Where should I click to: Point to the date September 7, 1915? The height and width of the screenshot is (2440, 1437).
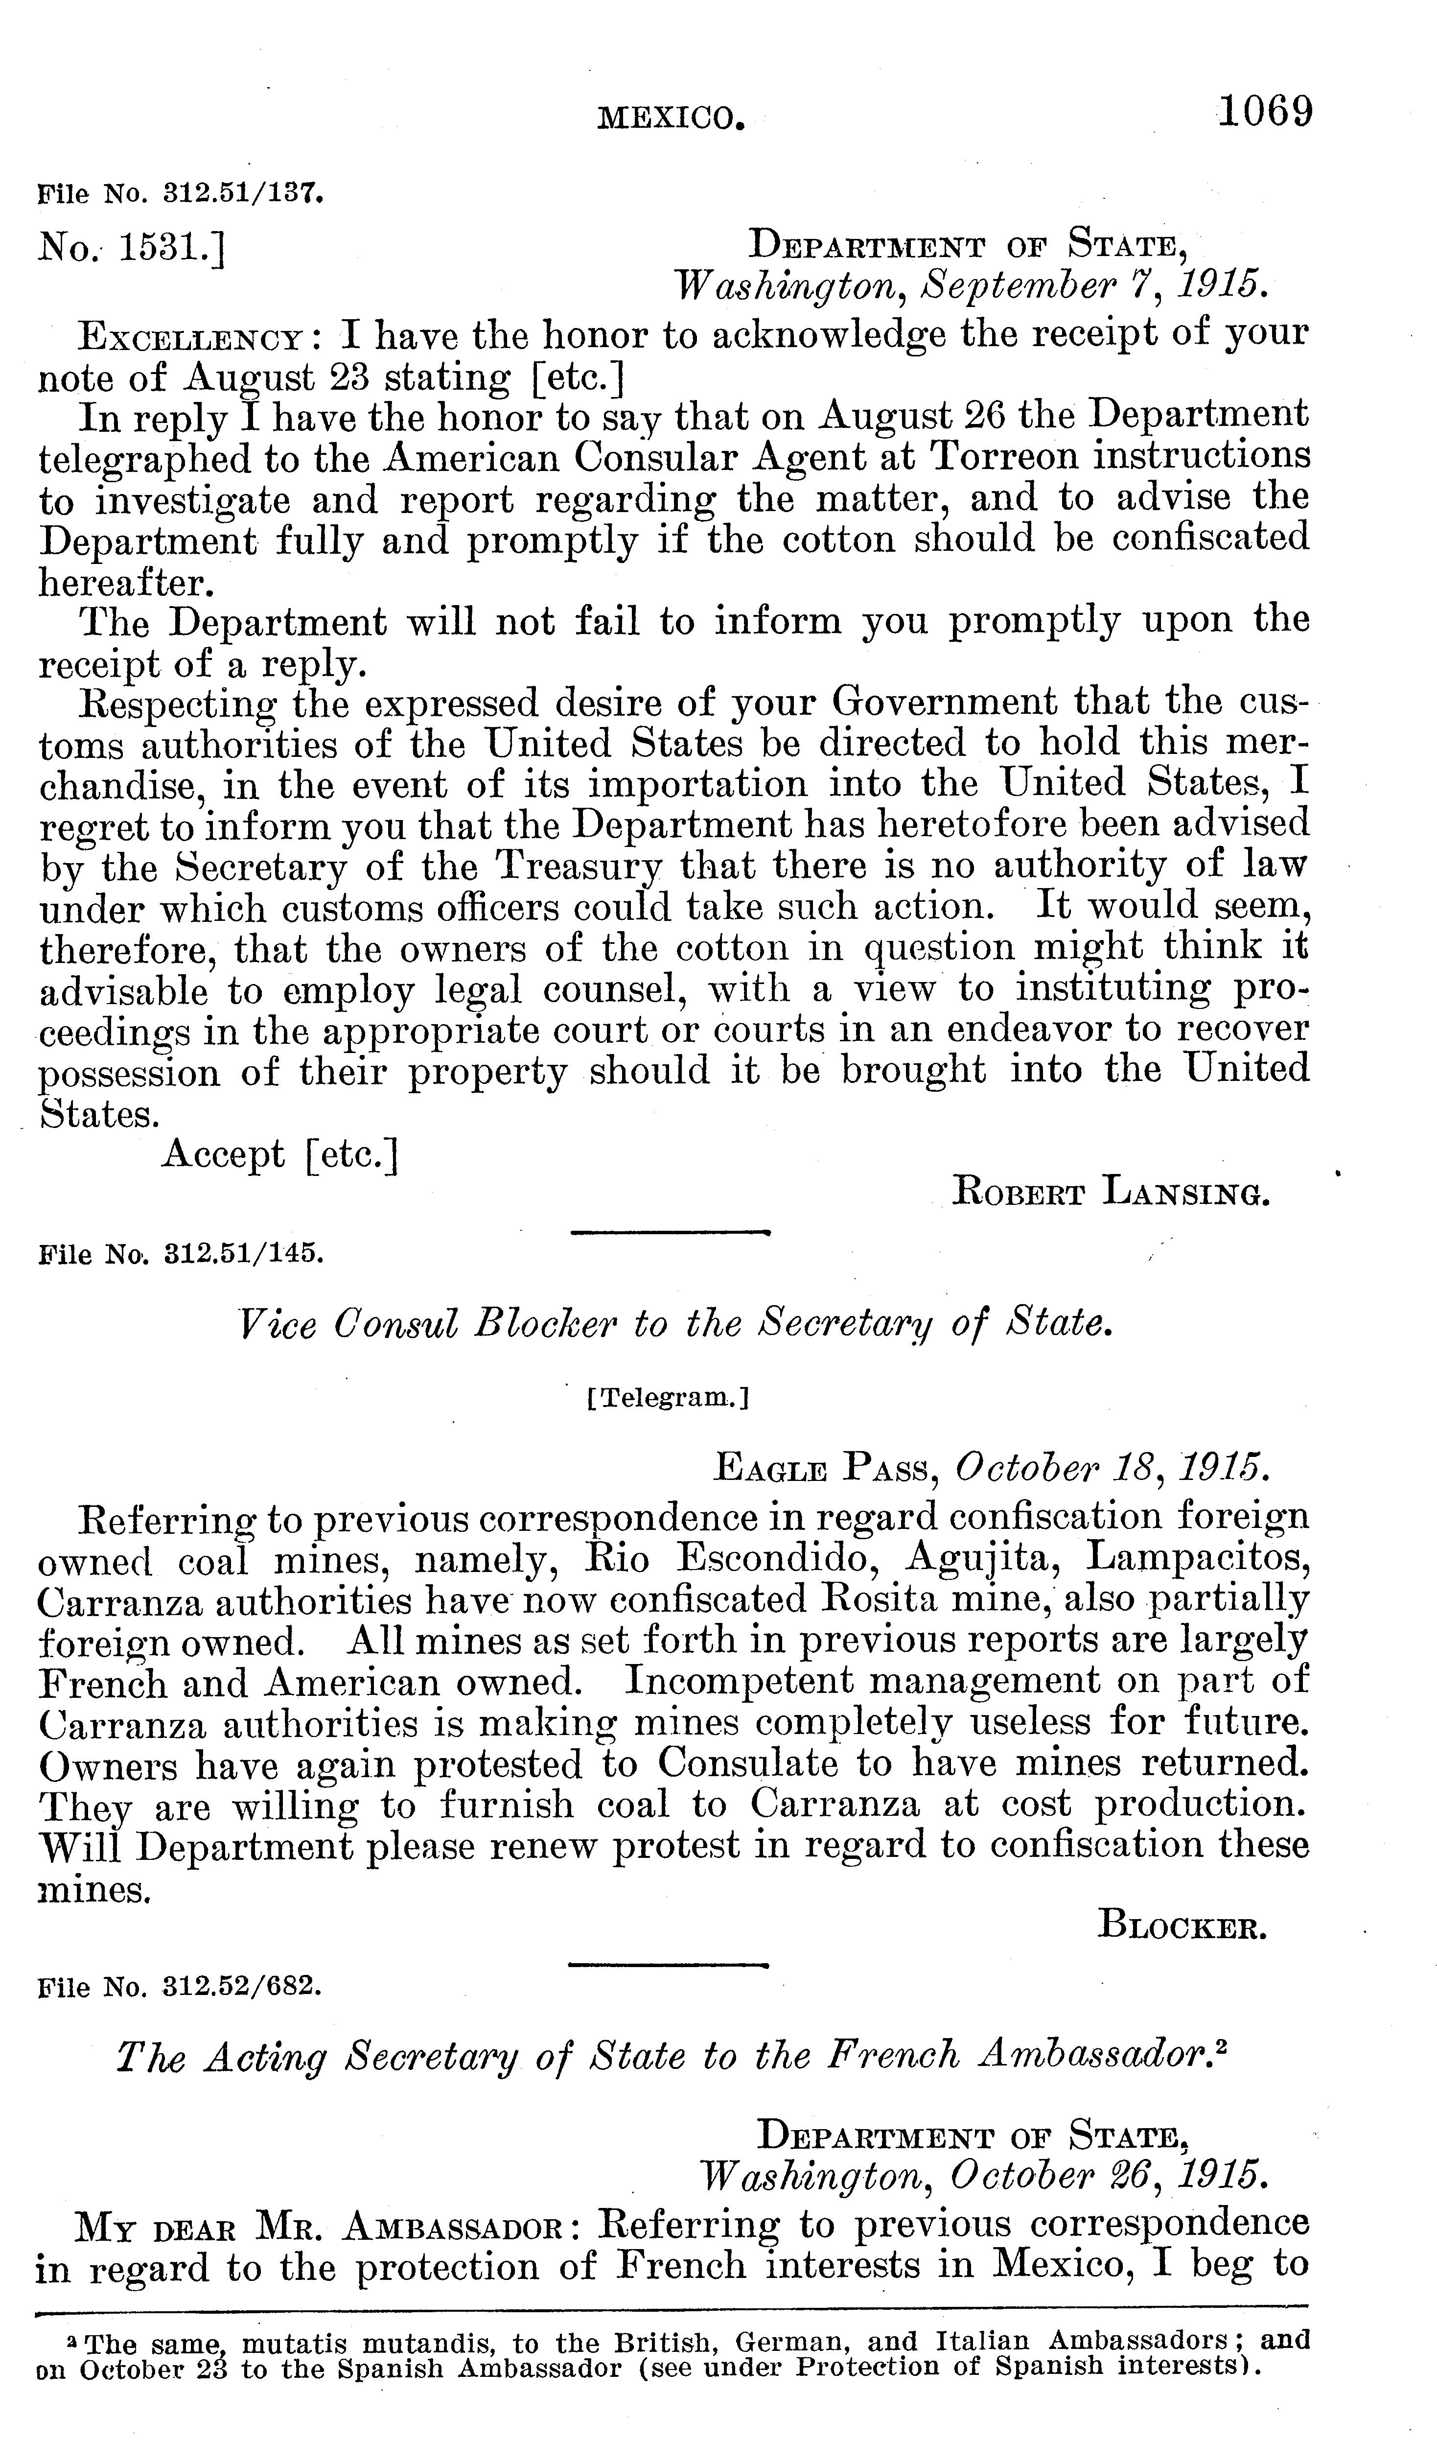(x=1095, y=283)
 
